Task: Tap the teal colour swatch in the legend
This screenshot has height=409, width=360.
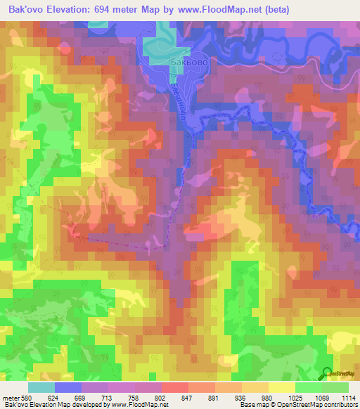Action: [41, 387]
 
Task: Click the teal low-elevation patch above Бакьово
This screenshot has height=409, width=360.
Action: [161, 42]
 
